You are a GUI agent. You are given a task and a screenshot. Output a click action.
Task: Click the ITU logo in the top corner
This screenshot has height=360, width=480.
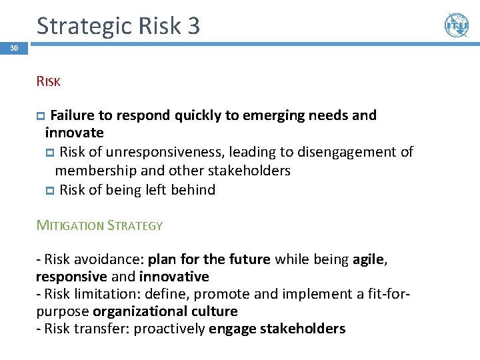457,25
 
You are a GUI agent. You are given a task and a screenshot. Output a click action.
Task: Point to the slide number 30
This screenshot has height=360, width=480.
14,49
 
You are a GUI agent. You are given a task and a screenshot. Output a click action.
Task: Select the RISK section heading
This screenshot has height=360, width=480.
49,82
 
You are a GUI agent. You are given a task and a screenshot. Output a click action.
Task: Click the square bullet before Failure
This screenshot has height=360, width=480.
41,116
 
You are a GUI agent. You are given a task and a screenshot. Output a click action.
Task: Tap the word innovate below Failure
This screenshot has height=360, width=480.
74,133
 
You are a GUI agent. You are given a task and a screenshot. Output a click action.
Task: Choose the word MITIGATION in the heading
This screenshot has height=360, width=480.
70,225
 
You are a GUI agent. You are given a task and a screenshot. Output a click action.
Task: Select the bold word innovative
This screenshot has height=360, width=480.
174,276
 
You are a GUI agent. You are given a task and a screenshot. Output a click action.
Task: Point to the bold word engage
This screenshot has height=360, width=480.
231,329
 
